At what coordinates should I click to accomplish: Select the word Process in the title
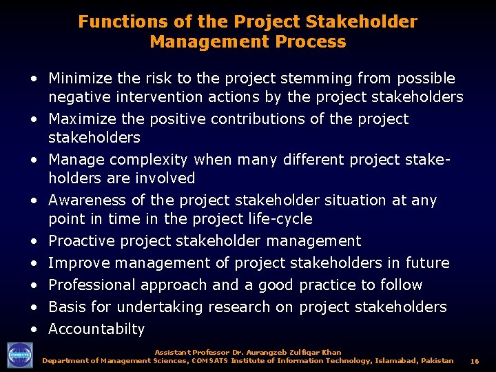point(314,41)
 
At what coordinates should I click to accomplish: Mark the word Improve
point(79,263)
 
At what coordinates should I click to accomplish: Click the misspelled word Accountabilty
point(96,329)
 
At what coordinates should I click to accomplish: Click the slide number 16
point(474,361)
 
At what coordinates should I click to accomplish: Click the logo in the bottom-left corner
point(19,355)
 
